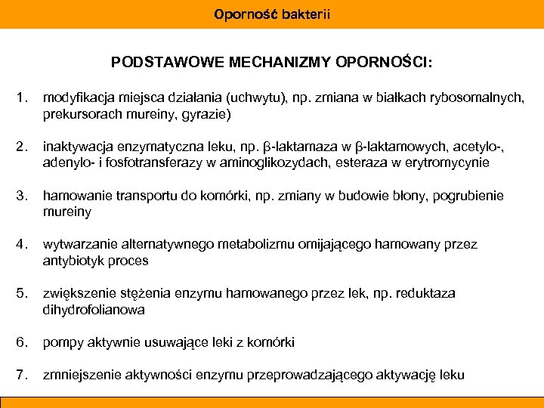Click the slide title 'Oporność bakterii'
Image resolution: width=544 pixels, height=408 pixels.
pyautogui.click(x=272, y=14)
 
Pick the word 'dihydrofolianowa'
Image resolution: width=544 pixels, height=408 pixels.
pyautogui.click(x=94, y=310)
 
